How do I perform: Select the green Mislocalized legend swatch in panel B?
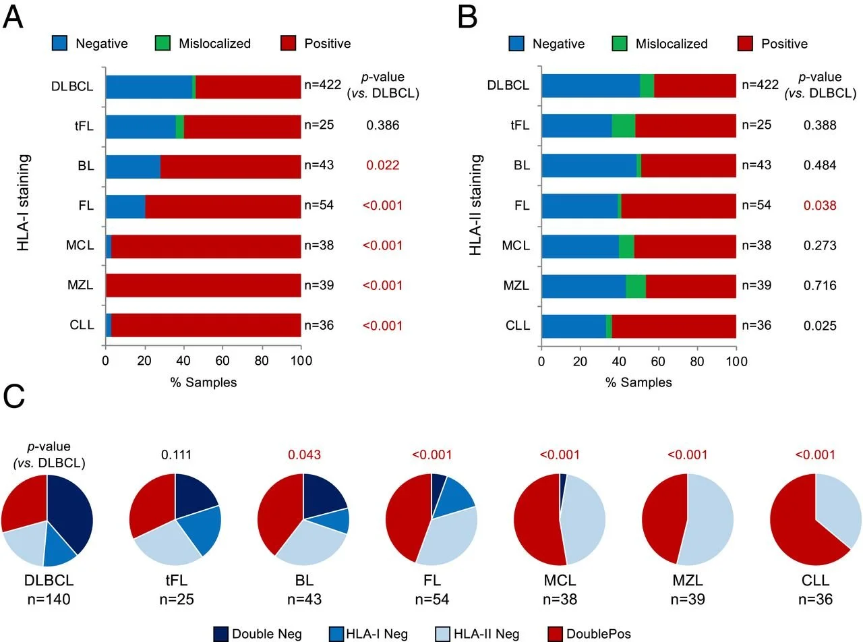620,44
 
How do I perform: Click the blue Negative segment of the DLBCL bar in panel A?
148,86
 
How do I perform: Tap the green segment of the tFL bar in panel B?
623,126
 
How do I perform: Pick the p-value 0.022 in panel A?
382,165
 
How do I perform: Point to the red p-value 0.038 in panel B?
820,205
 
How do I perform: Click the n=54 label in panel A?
319,205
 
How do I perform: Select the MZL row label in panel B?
516,286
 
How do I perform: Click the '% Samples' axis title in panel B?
638,382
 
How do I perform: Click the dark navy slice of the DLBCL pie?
71,513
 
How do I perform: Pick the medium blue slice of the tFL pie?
202,529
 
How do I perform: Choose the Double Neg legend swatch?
220,633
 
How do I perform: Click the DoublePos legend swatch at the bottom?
555,633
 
